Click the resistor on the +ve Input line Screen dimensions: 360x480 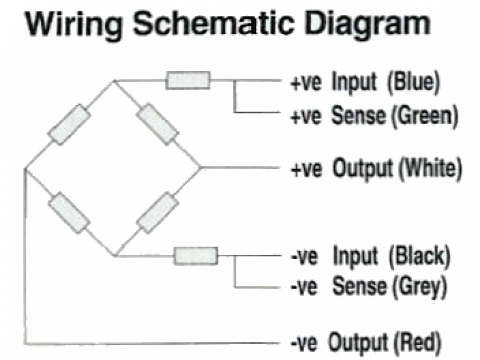188,80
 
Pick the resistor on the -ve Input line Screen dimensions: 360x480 196,256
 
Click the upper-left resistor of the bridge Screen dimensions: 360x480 69,124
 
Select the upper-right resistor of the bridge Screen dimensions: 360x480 158,124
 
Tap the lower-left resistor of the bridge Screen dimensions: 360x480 69,213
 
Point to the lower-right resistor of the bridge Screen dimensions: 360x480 157,213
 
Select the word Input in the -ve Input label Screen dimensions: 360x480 356,257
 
